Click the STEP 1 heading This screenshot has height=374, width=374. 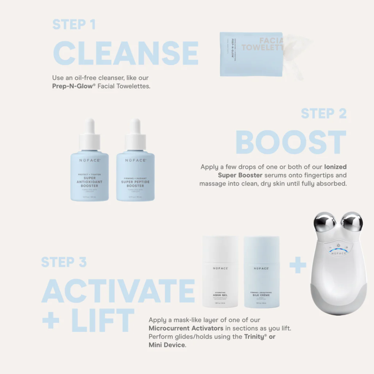pos(74,24)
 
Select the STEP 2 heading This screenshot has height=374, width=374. pos(324,114)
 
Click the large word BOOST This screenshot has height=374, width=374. pos(291,142)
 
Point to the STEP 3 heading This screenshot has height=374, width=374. pos(64,262)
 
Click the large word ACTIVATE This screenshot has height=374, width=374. pos(118,291)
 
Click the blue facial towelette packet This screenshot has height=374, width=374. pos(251,54)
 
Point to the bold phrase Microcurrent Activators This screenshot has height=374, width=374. pos(185,328)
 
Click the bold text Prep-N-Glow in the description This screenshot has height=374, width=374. pos(73,86)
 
